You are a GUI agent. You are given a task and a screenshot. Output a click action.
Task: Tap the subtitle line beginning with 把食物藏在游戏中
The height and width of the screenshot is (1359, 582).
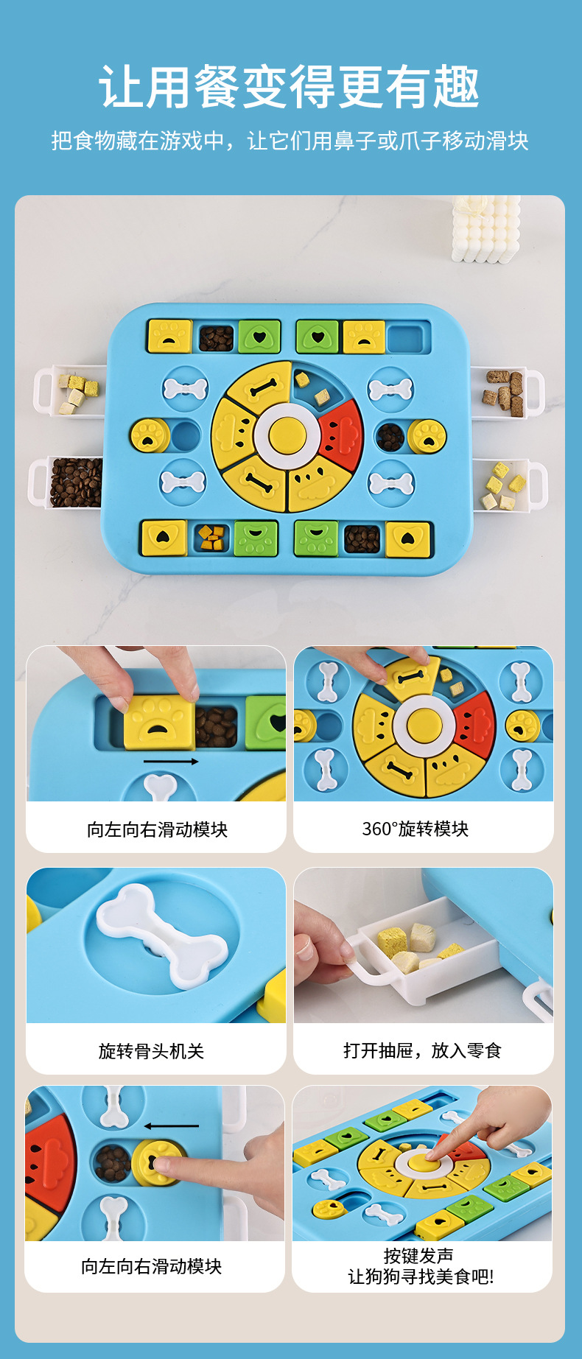[290, 141]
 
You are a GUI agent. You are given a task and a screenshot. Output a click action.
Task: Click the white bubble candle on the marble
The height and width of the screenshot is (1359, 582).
[486, 228]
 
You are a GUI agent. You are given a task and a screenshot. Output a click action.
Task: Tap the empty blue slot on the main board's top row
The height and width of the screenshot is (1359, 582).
[407, 337]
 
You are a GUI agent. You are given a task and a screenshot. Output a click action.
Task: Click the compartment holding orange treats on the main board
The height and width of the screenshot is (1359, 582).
[211, 538]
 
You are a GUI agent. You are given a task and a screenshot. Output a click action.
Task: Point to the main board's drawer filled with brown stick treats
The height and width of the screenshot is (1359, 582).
[504, 390]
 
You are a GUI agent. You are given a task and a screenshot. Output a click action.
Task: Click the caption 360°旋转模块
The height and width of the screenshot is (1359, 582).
[415, 829]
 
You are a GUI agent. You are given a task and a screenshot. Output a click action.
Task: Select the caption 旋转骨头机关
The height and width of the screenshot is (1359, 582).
[151, 1051]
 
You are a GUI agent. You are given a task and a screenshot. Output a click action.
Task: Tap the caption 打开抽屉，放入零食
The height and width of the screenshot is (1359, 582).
[422, 1050]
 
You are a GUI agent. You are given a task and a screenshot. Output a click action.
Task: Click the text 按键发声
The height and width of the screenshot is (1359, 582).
[418, 1256]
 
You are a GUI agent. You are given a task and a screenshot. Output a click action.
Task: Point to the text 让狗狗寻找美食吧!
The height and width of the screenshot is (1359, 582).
[421, 1277]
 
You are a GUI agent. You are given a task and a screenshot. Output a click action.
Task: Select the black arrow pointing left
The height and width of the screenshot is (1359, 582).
[171, 1126]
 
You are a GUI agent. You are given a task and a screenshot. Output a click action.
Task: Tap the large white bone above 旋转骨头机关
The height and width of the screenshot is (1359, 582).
[162, 935]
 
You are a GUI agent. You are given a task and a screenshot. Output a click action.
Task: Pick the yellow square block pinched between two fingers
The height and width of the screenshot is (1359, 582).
[159, 725]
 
